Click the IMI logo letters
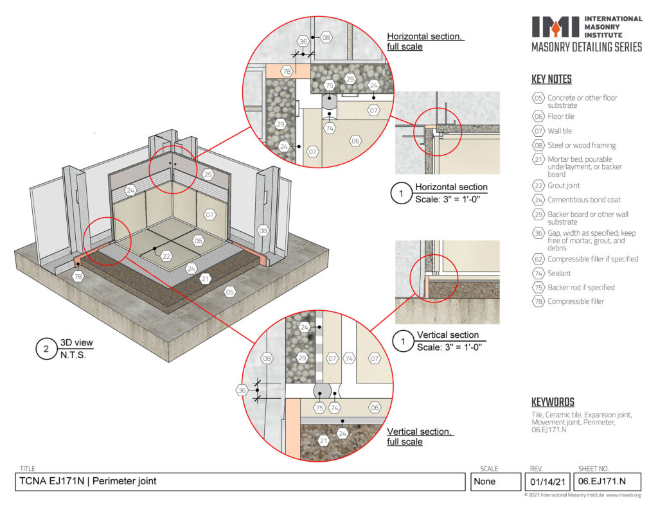coord(556,27)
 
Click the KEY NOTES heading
coord(551,79)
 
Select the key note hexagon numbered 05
coord(538,98)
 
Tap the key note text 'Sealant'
coord(559,273)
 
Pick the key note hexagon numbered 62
coord(538,259)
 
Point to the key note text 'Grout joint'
coord(564,186)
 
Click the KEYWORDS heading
coord(553,402)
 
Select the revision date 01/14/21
coord(547,482)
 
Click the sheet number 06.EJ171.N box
coord(607,482)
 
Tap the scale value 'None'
coord(485,482)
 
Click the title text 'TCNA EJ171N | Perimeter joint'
coord(87,481)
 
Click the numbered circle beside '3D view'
coord(46,349)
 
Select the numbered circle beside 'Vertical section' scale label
coord(403,341)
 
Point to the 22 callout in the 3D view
coord(166,256)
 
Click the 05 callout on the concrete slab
coord(229,292)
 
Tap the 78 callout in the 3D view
coord(78,276)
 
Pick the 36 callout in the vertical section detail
coord(242,390)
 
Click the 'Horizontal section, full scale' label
coord(425,42)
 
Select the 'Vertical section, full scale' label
coord(420,437)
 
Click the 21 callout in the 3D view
coord(205,279)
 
